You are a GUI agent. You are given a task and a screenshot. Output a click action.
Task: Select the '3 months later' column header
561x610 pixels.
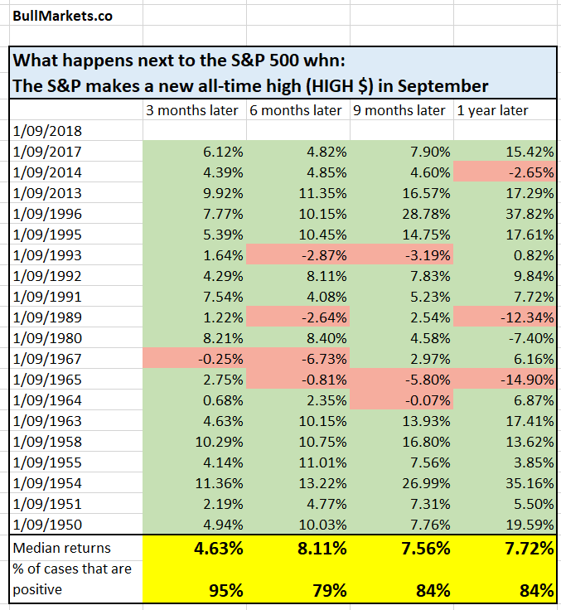[191, 110]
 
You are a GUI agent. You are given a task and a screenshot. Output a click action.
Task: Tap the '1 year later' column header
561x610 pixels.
[492, 110]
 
